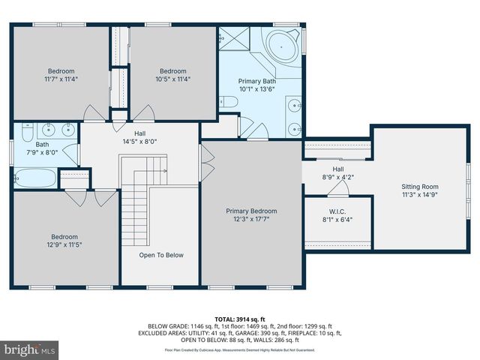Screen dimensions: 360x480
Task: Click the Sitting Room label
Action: (x=420, y=187)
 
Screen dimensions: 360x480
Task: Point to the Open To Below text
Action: (x=161, y=255)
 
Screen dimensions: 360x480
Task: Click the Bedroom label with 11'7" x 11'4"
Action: (x=61, y=71)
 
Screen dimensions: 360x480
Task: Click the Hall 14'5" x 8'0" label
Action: (x=140, y=136)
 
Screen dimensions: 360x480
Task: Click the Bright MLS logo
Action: (x=30, y=349)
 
